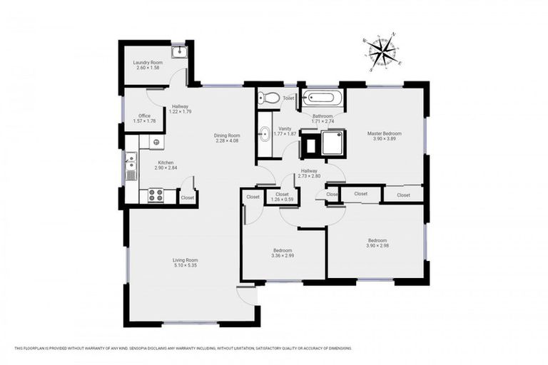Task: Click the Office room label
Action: pyautogui.click(x=144, y=115)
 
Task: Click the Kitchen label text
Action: pyautogui.click(x=165, y=163)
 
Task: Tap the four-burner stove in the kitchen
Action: pyautogui.click(x=155, y=194)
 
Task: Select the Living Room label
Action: pyautogui.click(x=185, y=260)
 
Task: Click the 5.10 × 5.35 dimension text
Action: pyautogui.click(x=185, y=265)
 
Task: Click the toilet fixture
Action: pyautogui.click(x=264, y=98)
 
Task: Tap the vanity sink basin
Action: pyautogui.click(x=263, y=133)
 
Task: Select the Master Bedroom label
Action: pyautogui.click(x=384, y=133)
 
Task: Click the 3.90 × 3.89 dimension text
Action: pyautogui.click(x=384, y=138)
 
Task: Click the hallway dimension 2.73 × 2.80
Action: pyautogui.click(x=309, y=175)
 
